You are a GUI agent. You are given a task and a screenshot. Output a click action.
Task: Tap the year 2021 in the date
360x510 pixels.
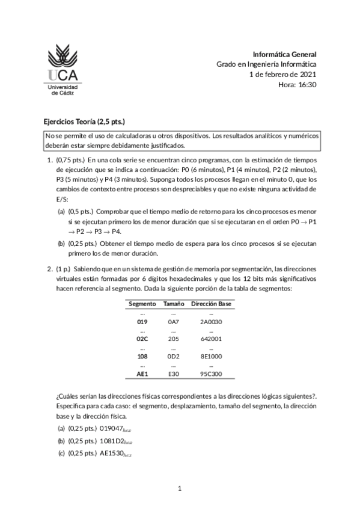point(307,75)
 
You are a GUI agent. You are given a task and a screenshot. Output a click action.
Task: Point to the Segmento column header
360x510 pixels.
point(142,304)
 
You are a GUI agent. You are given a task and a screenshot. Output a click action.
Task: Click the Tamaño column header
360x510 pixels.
point(173,304)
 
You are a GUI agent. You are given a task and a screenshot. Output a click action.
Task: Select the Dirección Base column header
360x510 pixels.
point(211,304)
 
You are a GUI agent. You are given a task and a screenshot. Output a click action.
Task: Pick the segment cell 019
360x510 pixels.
point(142,322)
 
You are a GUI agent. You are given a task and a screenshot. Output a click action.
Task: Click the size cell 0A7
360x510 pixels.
point(173,322)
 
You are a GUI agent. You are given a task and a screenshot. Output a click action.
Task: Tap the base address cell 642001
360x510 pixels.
point(211,339)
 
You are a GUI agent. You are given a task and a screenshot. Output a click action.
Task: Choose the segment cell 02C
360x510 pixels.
point(142,339)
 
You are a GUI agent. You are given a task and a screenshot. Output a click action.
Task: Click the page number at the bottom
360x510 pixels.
point(180,488)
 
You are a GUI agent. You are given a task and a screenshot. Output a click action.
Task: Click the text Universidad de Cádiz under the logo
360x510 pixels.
point(62,90)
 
